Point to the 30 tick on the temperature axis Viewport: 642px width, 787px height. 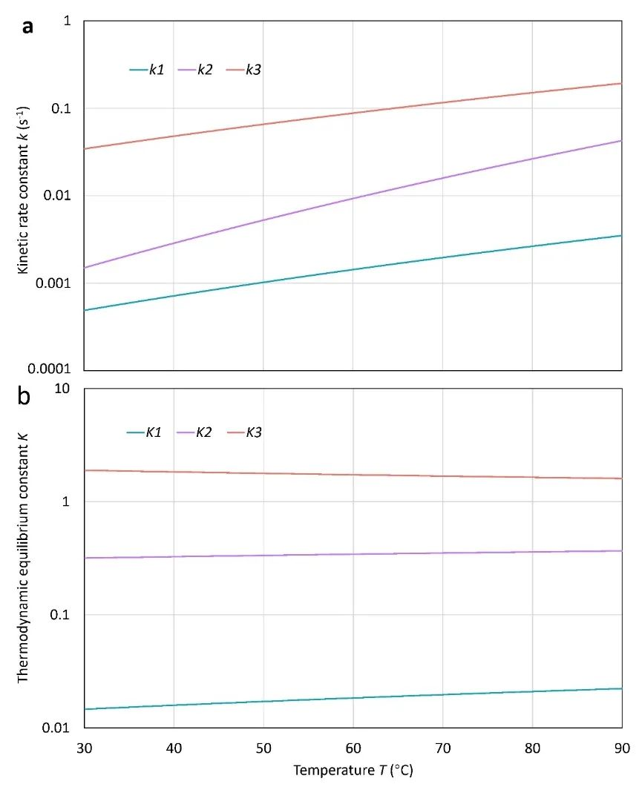click(x=84, y=745)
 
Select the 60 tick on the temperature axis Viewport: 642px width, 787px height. click(x=353, y=745)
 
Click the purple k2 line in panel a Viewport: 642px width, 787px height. click(x=353, y=198)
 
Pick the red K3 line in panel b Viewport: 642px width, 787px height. click(x=353, y=475)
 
